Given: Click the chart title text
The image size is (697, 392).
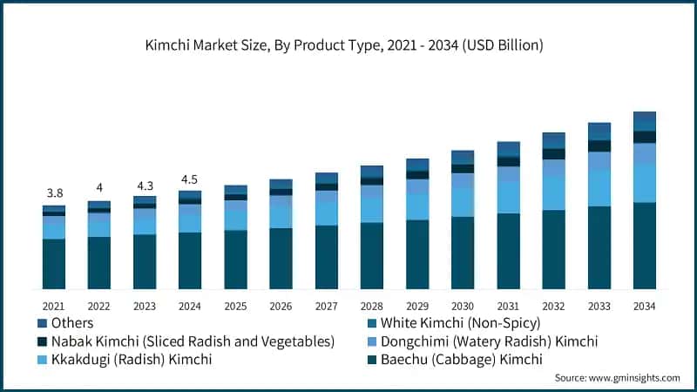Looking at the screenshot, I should click(x=348, y=45).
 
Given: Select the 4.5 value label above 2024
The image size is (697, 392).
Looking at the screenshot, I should click(x=190, y=179).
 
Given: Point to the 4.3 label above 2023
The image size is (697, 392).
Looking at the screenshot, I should click(x=145, y=185).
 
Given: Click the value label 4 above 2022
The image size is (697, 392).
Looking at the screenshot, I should click(x=99, y=188).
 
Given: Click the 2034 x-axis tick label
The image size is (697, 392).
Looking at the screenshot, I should click(x=644, y=306).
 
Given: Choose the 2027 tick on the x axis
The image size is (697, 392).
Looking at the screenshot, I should click(x=326, y=306).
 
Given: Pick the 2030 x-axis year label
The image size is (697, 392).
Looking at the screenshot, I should click(x=462, y=306).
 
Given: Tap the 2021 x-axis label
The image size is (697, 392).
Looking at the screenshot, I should click(x=53, y=306).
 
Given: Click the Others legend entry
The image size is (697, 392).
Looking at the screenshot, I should click(x=74, y=322).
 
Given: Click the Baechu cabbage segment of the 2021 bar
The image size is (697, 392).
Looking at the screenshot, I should click(x=53, y=264).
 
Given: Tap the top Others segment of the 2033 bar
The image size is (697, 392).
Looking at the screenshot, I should click(x=599, y=131).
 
